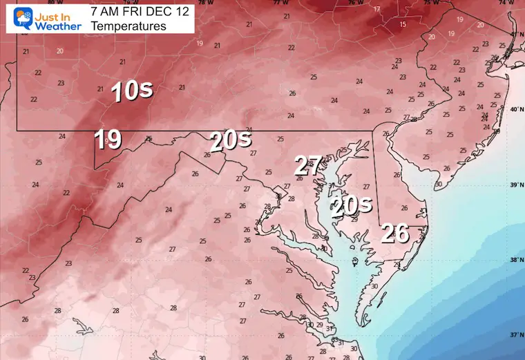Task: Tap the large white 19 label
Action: (108, 139)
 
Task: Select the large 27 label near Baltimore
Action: (308, 166)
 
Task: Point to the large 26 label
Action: (396, 234)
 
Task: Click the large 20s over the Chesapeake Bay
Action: (350, 205)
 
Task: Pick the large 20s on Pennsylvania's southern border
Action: (231, 142)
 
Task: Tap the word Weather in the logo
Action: (59, 26)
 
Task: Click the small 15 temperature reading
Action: (402, 24)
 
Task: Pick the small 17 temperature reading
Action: (376, 9)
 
